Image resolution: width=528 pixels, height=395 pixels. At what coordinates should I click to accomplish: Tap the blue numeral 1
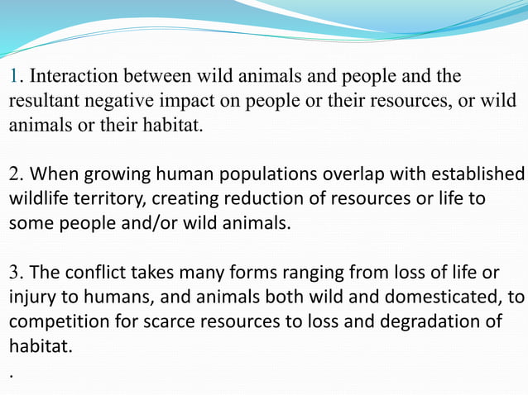point(13,77)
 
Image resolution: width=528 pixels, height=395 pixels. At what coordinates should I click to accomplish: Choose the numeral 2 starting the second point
point(14,175)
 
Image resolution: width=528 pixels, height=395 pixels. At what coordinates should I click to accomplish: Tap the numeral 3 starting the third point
point(14,274)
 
